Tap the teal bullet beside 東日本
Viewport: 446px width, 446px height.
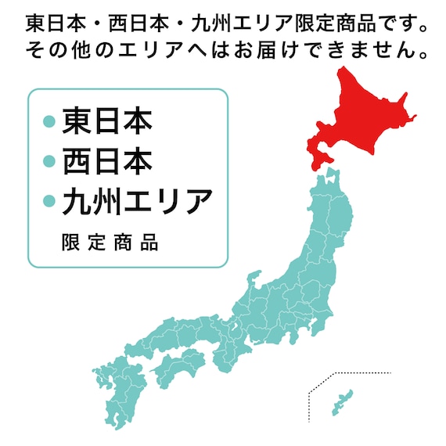tap(49, 122)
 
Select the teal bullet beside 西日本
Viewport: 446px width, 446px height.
tap(49, 162)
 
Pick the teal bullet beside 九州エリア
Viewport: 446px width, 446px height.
tap(49, 202)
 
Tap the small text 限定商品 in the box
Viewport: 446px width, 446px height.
tap(110, 243)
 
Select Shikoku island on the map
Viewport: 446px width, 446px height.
tap(176, 366)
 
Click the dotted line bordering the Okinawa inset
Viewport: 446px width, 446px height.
tap(309, 407)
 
